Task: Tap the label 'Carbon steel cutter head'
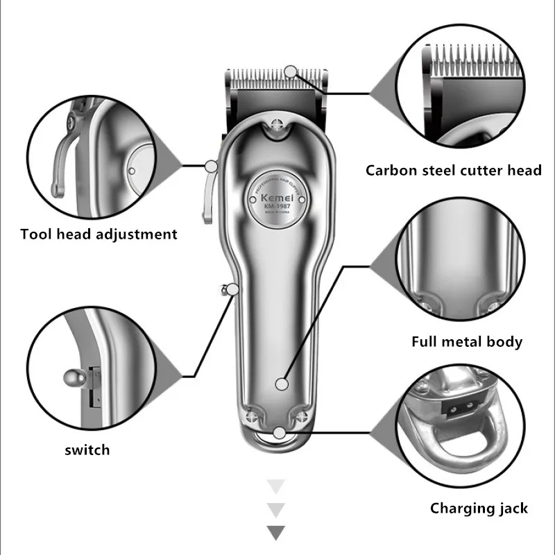point(454,170)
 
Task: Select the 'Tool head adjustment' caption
point(99,234)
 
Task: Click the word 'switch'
point(87,450)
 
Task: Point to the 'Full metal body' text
point(466,341)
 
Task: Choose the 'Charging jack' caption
point(479,509)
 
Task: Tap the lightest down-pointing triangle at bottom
point(276,486)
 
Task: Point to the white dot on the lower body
point(280,383)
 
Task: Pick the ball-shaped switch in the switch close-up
point(72,378)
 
